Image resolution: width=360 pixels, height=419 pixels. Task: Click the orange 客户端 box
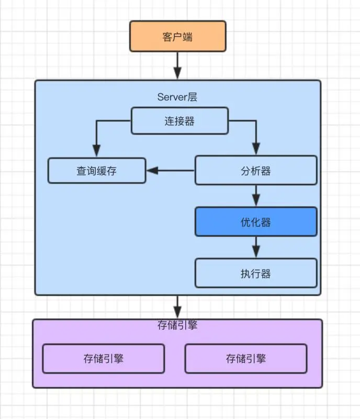point(177,36)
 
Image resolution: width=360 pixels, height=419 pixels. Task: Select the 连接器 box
point(179,120)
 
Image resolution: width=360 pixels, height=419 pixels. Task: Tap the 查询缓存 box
point(97,170)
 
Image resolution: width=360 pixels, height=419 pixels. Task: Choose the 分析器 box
point(256,170)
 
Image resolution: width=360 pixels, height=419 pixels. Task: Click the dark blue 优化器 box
point(256,222)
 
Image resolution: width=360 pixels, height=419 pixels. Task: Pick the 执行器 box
point(256,273)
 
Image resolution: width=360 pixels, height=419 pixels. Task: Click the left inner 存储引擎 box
point(103,358)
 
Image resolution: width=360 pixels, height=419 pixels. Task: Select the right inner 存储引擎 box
point(246,358)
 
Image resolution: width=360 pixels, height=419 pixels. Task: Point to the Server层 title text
point(177,97)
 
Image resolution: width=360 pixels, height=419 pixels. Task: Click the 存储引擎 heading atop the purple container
point(177,325)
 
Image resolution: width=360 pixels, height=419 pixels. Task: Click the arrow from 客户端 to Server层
point(177,65)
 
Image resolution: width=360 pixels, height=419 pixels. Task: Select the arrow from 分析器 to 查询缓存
point(171,170)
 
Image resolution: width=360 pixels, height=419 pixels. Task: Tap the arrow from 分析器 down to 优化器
point(256,196)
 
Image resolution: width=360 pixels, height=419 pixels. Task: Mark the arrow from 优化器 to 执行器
point(256,247)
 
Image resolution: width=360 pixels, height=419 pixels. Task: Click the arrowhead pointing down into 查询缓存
point(96,150)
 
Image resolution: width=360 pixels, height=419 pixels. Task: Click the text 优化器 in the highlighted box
point(256,222)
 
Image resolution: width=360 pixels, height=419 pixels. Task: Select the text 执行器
point(256,273)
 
